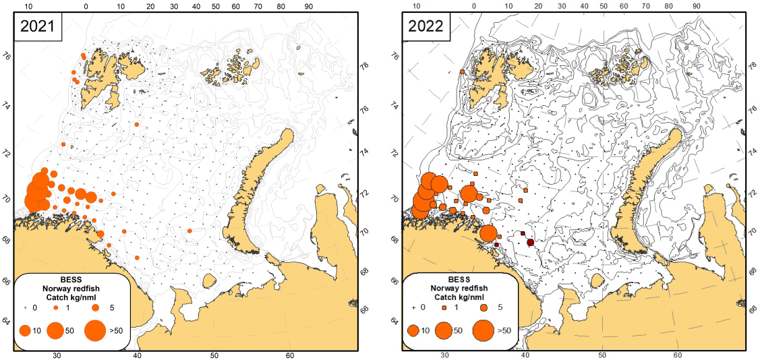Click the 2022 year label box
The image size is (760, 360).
coord(425,26)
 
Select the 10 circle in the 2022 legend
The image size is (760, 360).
coord(414,330)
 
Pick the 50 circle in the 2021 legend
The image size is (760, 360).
coord(55,330)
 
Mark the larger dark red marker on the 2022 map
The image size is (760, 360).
coord(530,242)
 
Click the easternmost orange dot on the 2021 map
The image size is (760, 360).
coord(189,231)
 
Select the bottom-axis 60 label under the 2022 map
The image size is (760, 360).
coord(678,355)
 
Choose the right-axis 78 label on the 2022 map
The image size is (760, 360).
coord(751,67)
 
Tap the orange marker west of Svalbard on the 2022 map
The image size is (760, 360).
coord(462,71)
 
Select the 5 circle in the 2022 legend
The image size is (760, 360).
coord(484,307)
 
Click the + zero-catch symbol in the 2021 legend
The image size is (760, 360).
coord(26,307)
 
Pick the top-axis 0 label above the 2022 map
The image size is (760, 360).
coord(474,6)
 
